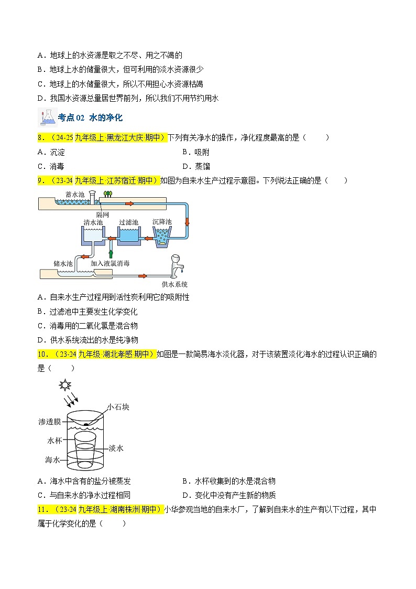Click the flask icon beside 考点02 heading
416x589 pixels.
[x=48, y=117]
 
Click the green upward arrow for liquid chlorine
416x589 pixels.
[x=111, y=254]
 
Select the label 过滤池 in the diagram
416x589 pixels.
[x=128, y=222]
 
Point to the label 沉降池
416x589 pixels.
[x=162, y=222]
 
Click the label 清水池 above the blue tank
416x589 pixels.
[x=93, y=222]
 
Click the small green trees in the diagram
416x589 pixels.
[x=108, y=194]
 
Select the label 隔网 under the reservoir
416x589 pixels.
[x=103, y=214]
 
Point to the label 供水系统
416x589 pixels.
[x=175, y=284]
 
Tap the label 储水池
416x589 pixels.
[x=63, y=263]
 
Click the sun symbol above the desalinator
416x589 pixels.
[x=65, y=385]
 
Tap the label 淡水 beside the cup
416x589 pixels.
[x=116, y=448]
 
